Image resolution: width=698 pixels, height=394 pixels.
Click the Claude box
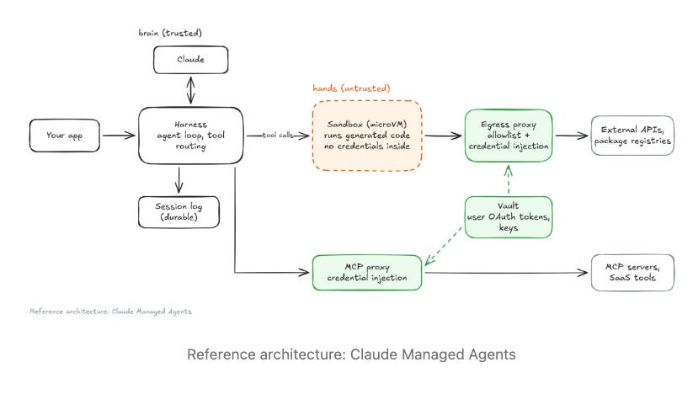click(x=190, y=60)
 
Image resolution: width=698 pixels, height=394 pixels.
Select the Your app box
click(x=65, y=136)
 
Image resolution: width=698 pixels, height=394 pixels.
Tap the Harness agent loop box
click(x=190, y=136)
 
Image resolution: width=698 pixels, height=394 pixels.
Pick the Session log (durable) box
click(x=178, y=212)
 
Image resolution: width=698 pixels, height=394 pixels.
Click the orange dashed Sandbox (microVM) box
click(x=367, y=136)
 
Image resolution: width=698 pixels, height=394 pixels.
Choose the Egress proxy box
click(x=509, y=136)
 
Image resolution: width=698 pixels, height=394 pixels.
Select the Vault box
click(x=509, y=217)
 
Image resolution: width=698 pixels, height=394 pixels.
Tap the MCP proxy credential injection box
click(x=367, y=273)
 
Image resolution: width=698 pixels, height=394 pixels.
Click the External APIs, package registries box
click(x=632, y=136)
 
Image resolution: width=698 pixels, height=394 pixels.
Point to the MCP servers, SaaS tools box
click(x=632, y=273)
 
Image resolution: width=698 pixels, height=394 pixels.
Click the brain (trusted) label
click(x=170, y=33)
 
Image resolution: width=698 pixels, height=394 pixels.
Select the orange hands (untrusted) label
click(x=351, y=88)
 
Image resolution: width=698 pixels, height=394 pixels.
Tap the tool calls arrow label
click(x=278, y=135)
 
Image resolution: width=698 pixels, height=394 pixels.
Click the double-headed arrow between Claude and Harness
click(x=190, y=90)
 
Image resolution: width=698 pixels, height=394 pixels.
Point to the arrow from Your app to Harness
click(x=119, y=136)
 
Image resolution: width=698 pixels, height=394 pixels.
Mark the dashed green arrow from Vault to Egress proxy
click(x=509, y=179)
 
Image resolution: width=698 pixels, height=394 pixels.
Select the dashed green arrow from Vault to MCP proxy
click(x=444, y=246)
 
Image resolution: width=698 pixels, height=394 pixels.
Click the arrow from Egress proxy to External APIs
click(x=572, y=136)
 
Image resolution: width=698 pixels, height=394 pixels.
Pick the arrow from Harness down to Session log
click(x=179, y=180)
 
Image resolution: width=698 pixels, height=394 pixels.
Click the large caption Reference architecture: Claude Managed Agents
click(x=351, y=354)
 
